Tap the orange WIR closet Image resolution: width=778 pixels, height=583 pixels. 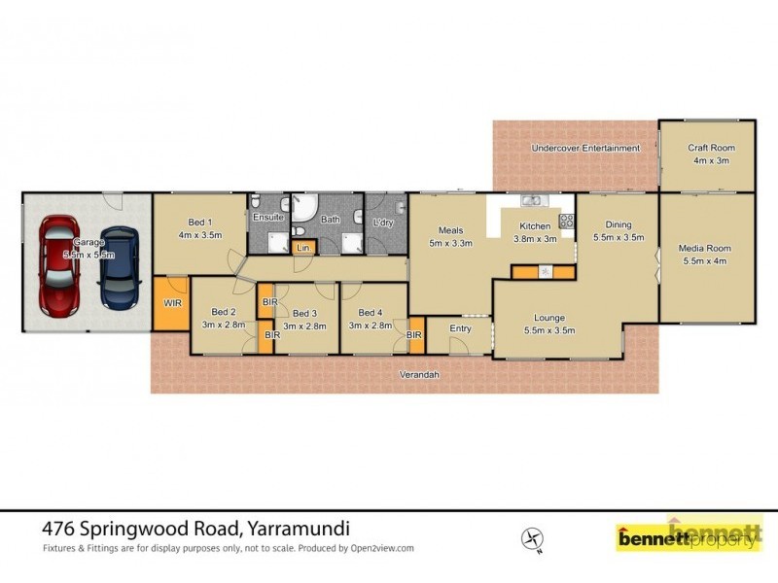(x=172, y=303)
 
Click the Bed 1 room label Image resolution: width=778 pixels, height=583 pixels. (x=200, y=223)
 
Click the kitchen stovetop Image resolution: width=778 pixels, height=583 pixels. (x=566, y=221)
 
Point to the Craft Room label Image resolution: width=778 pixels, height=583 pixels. (x=711, y=148)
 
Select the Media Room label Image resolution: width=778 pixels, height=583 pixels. (x=704, y=249)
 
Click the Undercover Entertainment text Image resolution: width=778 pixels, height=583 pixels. (x=585, y=148)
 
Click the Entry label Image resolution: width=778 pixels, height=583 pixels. (x=460, y=328)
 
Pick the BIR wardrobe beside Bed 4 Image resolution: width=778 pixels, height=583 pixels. (x=415, y=334)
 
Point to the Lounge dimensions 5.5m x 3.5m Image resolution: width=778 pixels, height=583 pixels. (x=548, y=330)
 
